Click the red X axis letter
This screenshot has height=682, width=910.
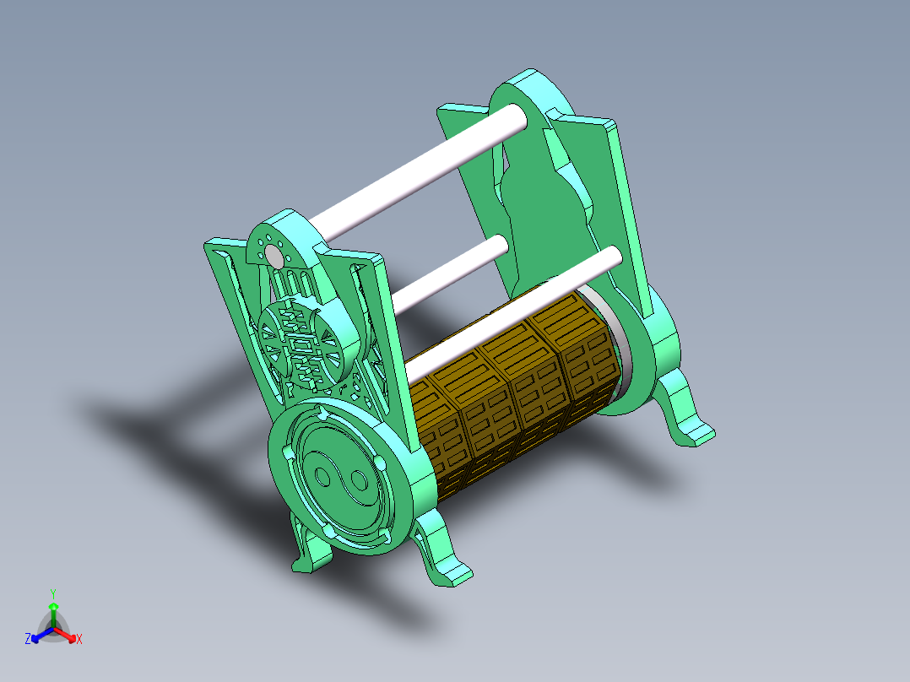pos(79,640)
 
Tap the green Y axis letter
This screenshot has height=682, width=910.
pos(52,593)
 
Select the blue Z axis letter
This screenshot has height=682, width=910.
pos(28,639)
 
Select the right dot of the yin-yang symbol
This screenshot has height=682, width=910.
pos(358,482)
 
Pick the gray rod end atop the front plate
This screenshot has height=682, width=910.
pos(274,256)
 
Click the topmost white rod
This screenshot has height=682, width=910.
pos(422,173)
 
